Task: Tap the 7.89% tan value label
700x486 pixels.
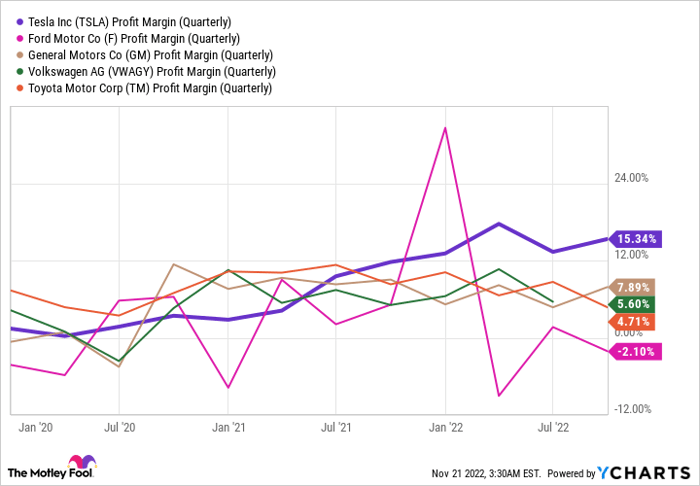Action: (x=634, y=287)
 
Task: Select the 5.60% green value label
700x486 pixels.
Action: (x=634, y=304)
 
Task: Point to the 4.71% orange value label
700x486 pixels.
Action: (x=634, y=321)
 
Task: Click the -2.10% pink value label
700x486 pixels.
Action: (x=634, y=351)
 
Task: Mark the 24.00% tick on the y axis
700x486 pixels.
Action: (x=631, y=178)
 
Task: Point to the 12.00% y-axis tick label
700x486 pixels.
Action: (x=631, y=260)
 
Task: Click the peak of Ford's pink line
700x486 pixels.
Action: (x=444, y=128)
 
